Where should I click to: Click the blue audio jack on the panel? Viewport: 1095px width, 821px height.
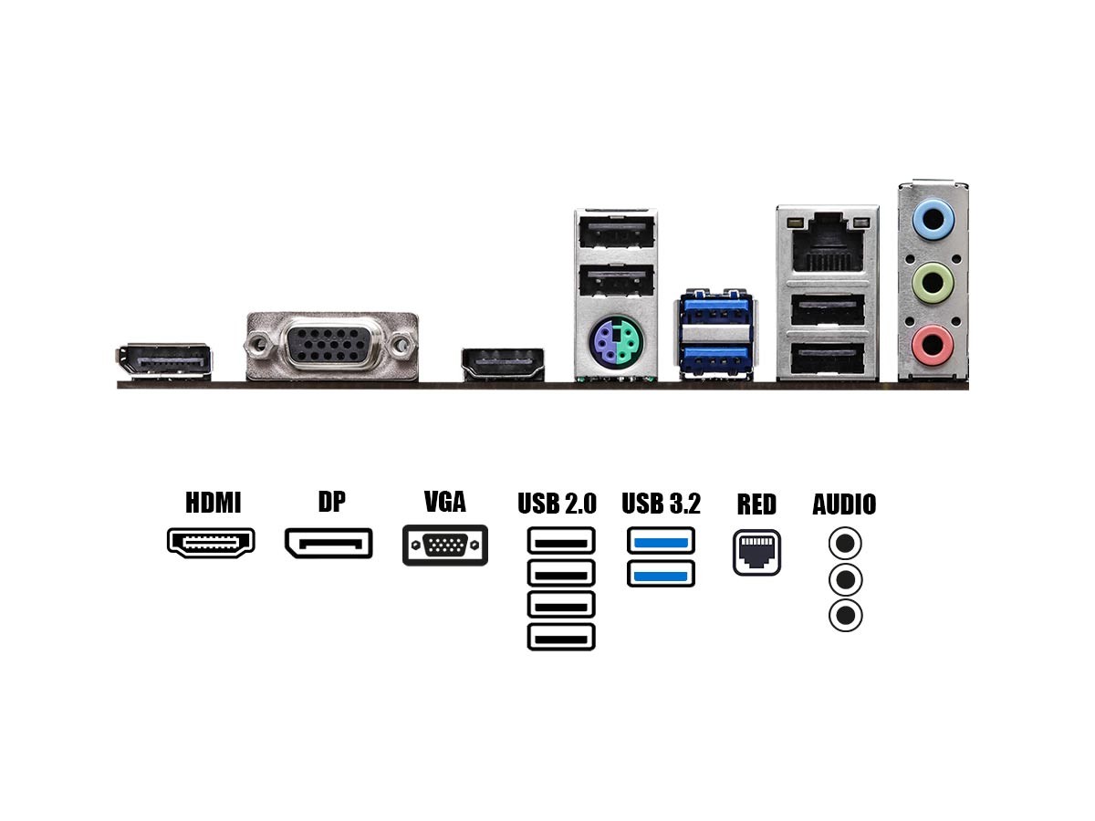coord(933,219)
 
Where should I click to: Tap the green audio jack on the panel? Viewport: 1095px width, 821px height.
coord(933,283)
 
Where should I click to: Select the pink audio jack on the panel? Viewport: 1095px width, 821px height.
coord(933,345)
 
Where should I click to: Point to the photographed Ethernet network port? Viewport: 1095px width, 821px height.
coord(827,243)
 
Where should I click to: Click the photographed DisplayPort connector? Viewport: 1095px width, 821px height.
coord(164,361)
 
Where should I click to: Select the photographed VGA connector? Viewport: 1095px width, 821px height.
coord(332,346)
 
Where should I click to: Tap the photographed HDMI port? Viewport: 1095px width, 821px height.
coord(503,364)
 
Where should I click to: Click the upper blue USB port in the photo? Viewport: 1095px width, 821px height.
coord(716,310)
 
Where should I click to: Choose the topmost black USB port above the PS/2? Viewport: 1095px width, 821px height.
coord(616,232)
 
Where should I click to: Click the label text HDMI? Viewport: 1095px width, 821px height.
coord(213,503)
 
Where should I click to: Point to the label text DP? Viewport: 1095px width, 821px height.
coord(332,502)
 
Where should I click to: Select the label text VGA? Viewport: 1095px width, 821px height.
coord(445,502)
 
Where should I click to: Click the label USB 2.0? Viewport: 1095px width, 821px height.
coord(558,504)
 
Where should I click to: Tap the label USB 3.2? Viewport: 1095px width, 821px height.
coord(661,504)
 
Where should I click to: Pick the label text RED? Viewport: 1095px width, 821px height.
coord(756,504)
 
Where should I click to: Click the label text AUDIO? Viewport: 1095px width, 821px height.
coord(845,504)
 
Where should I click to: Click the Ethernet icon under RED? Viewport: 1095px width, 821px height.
coord(756,552)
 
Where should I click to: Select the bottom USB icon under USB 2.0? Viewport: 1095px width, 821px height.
coord(561,637)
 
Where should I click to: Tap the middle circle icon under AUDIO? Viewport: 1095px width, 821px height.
coord(845,579)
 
